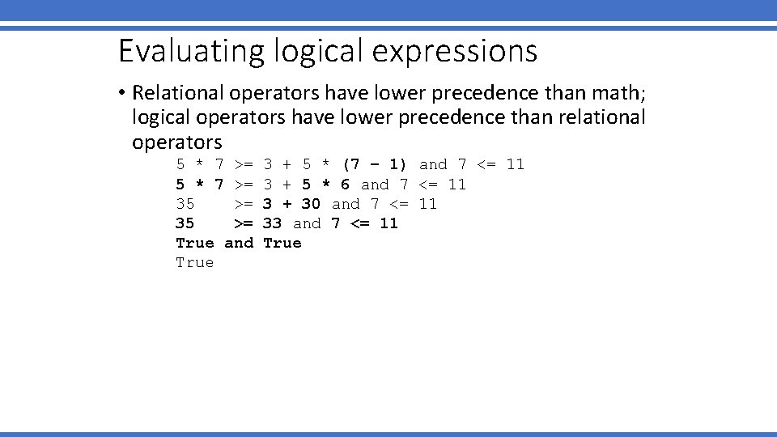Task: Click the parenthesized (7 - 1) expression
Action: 375,165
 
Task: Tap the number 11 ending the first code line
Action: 515,165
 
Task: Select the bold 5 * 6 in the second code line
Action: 326,185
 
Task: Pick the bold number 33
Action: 273,223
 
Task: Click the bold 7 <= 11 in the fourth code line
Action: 365,223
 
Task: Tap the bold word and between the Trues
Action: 239,243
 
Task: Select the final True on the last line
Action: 195,262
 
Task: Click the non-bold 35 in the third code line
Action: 185,204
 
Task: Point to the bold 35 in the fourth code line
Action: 185,223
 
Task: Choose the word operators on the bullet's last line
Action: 176,142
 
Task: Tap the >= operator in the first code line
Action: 244,165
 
